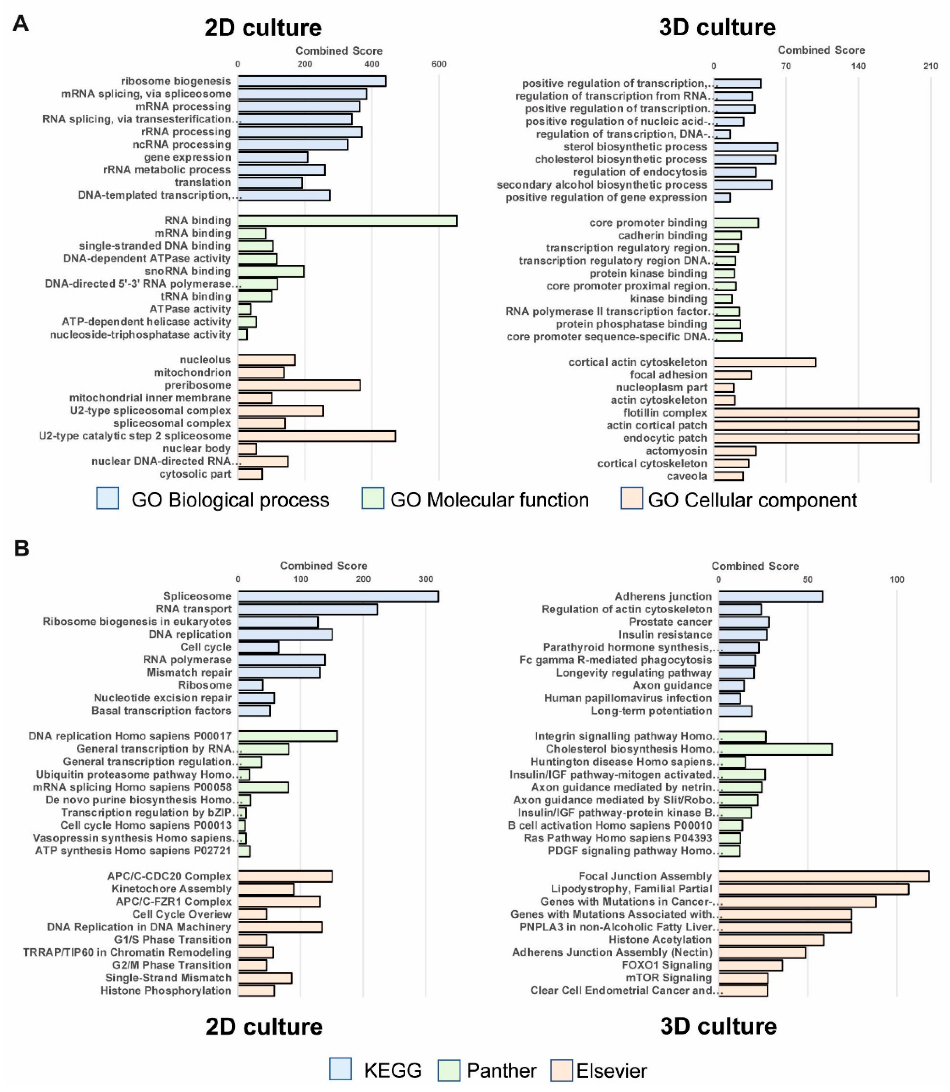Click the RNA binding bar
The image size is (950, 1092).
click(347, 221)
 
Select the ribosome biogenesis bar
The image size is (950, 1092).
click(312, 81)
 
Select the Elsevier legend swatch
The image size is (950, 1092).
click(562, 1070)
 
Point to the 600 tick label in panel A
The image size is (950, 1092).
click(439, 64)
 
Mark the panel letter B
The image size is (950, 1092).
click(21, 548)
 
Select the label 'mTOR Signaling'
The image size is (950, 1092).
click(673, 977)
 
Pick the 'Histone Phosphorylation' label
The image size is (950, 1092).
click(166, 990)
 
